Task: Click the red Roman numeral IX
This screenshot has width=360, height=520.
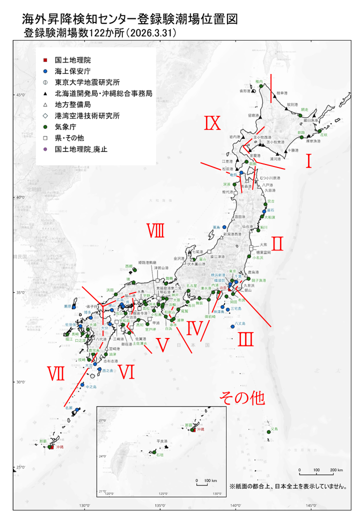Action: click(212, 123)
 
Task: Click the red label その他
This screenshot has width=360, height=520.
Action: click(241, 398)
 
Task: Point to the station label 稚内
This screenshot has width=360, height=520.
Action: click(258, 81)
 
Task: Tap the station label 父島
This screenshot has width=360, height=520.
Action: click(273, 429)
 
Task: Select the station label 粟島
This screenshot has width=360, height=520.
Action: click(216, 227)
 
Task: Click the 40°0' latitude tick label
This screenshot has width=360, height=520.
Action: click(20, 198)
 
